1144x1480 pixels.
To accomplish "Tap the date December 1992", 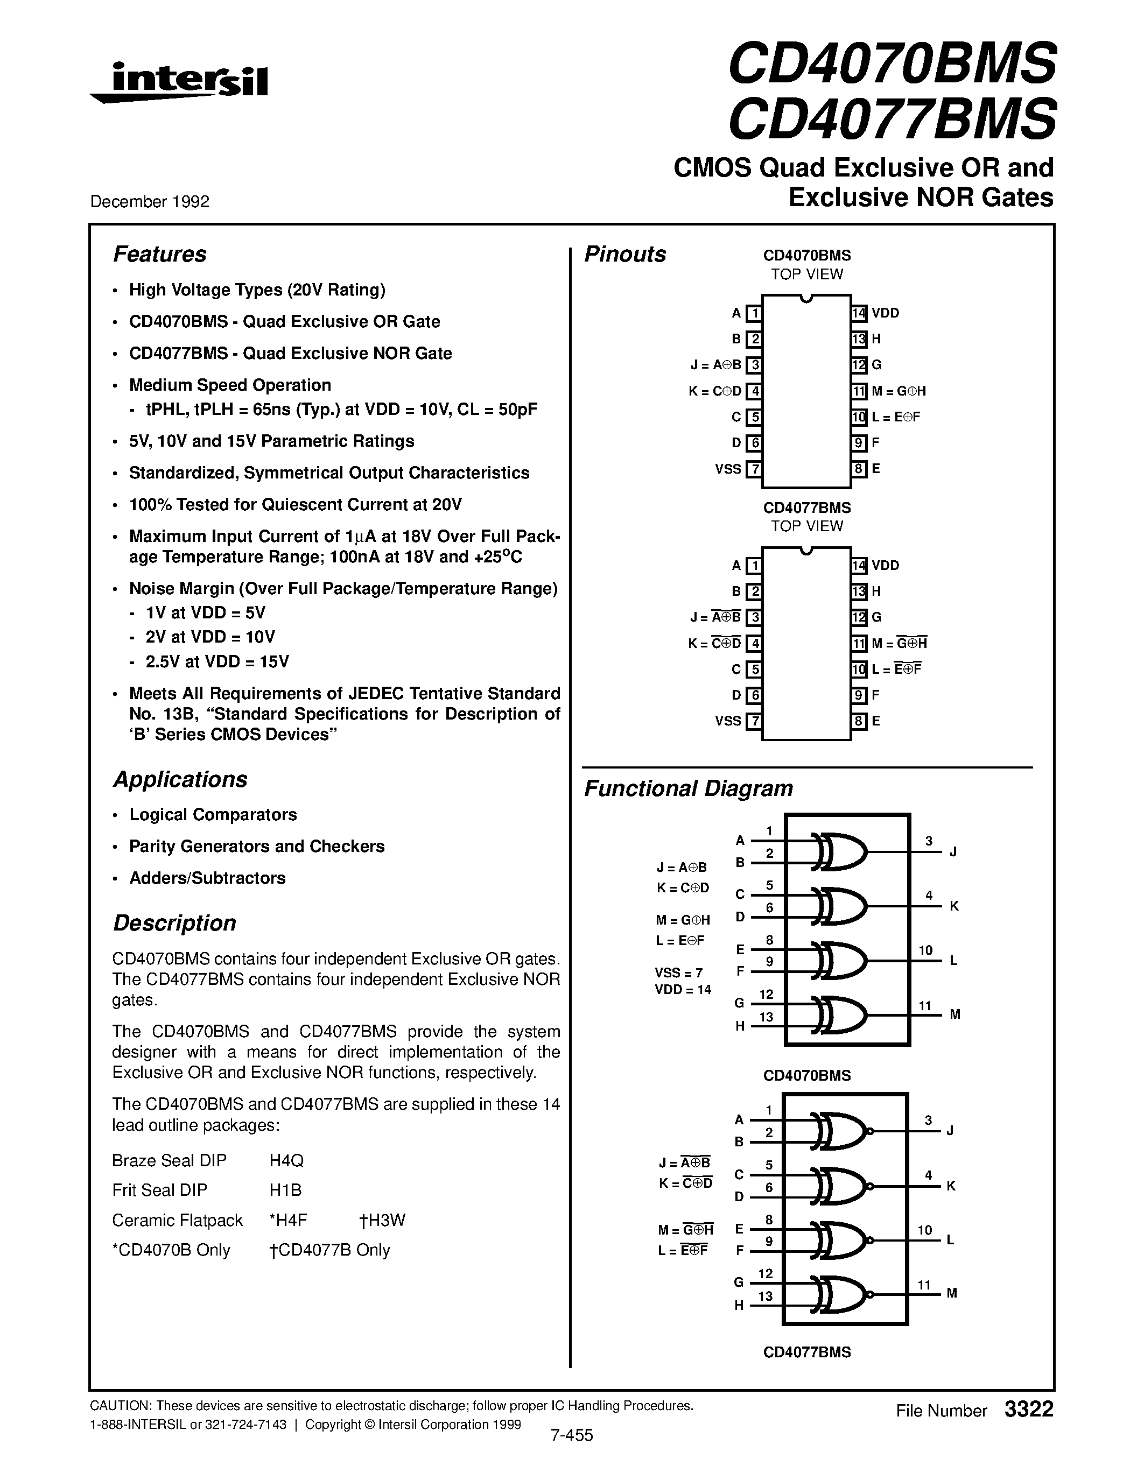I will [x=150, y=202].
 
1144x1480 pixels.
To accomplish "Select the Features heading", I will [x=159, y=254].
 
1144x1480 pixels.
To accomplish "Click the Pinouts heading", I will [x=625, y=254].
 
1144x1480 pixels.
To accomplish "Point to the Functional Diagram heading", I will [x=688, y=789].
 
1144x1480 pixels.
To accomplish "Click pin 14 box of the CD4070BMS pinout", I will [x=859, y=313].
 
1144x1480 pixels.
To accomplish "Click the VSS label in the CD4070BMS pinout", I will [x=727, y=469].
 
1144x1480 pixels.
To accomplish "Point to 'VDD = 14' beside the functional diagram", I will [x=683, y=990].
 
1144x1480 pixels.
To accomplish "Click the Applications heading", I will [x=180, y=779].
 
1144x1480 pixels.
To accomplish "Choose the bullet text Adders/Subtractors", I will [x=207, y=878].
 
